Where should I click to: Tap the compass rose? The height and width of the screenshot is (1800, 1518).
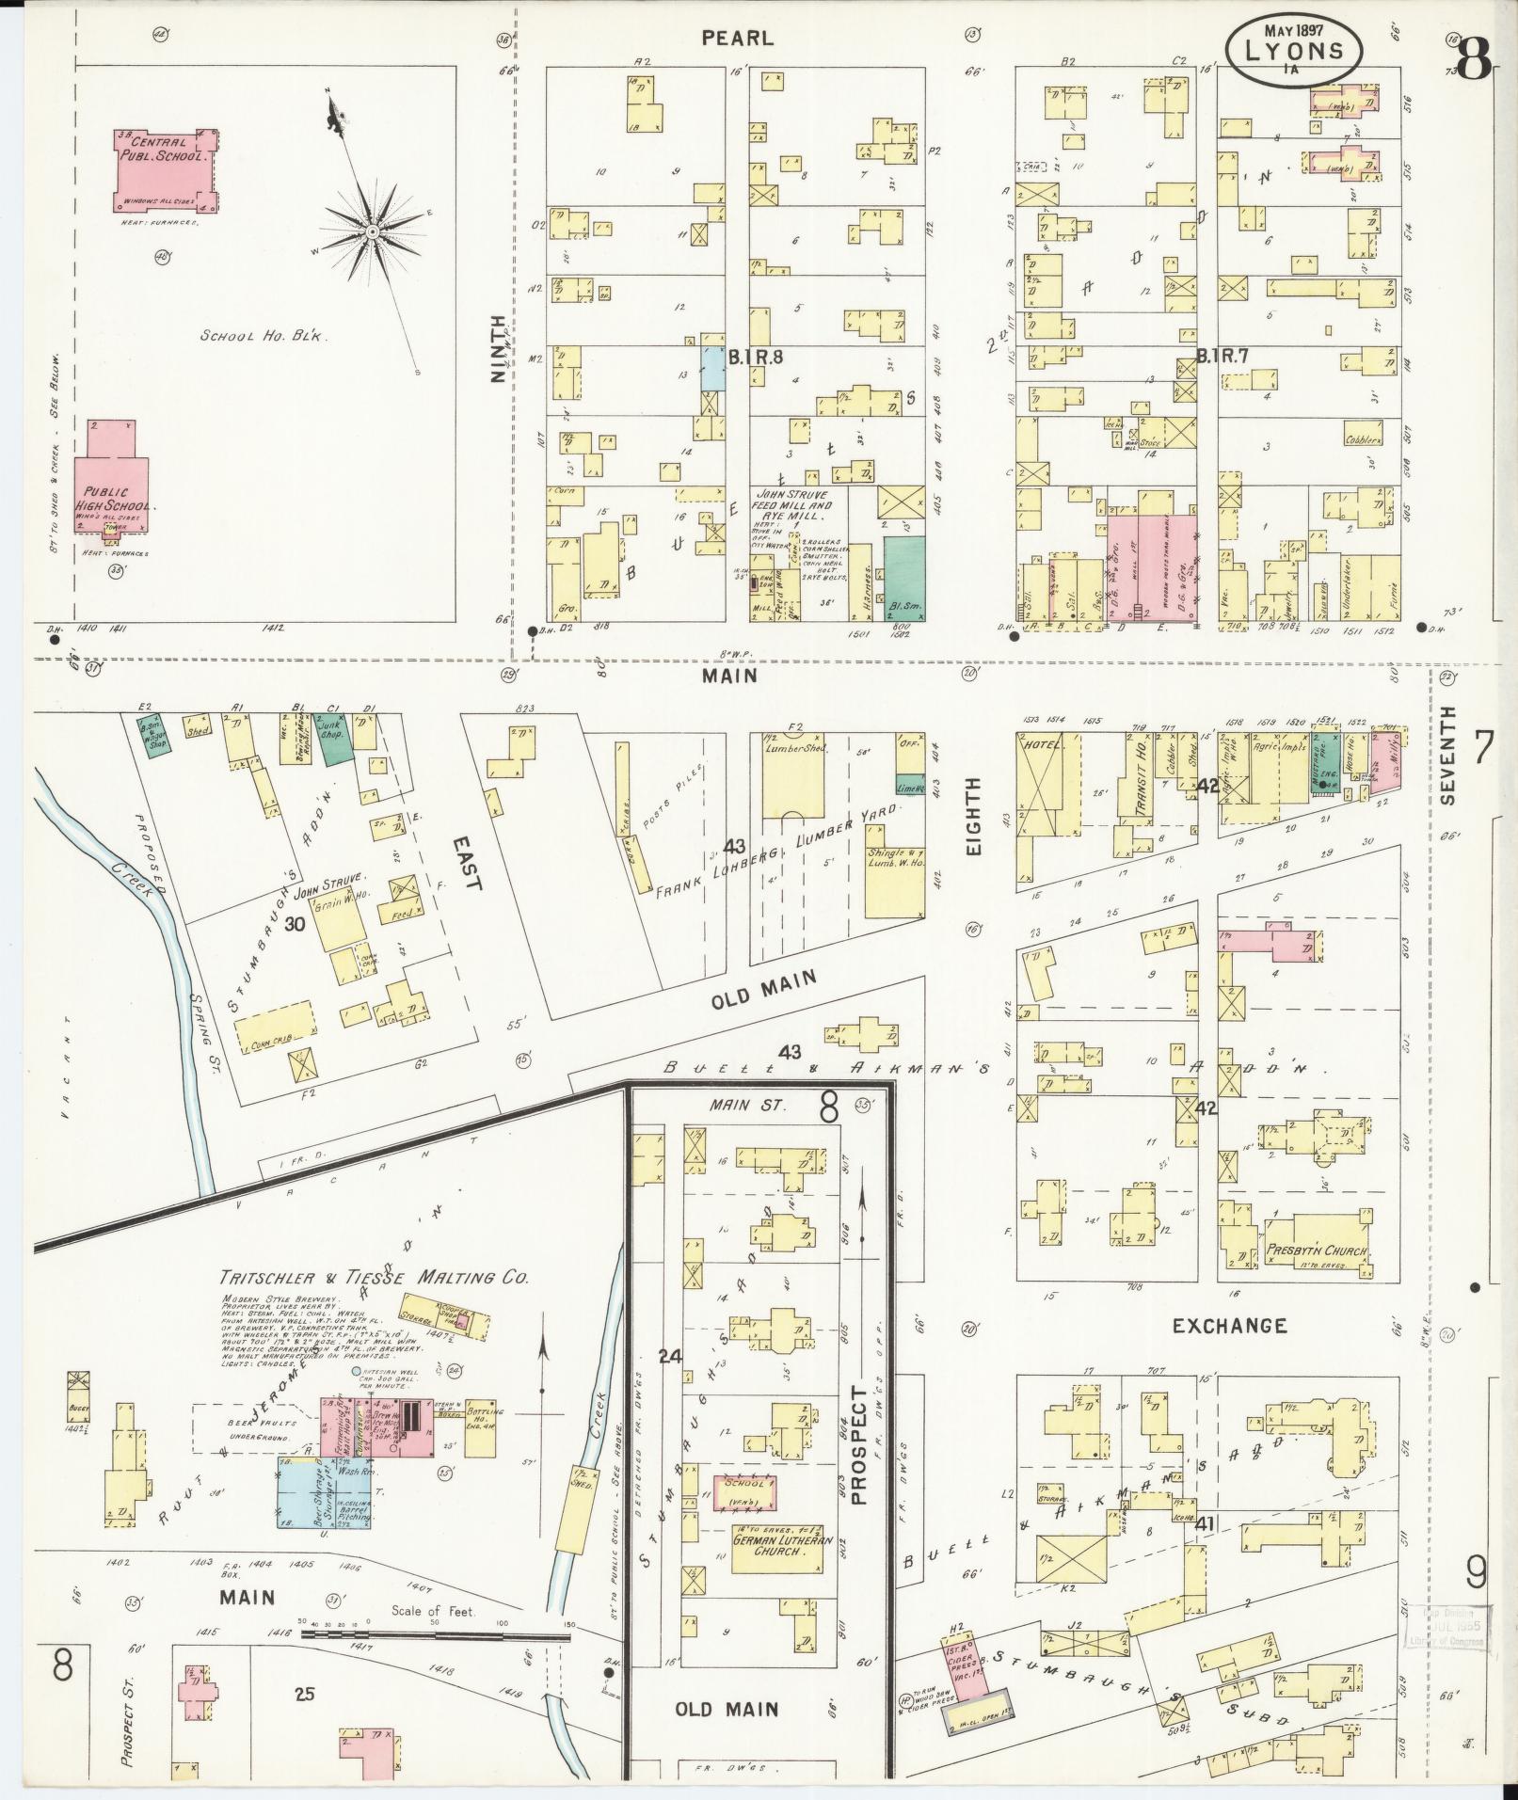point(373,231)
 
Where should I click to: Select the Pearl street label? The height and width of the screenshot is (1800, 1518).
point(738,39)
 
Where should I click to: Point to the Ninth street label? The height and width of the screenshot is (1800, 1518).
point(498,347)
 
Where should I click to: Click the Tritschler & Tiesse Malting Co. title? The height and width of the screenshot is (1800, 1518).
point(374,1278)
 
